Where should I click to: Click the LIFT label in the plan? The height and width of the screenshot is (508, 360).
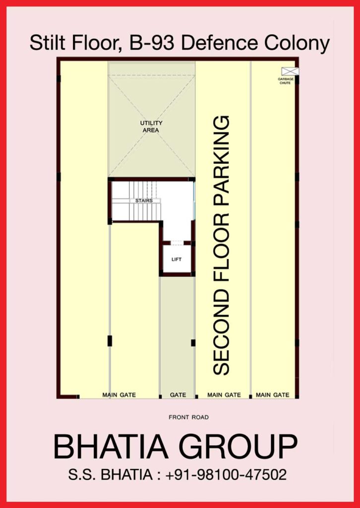pos(177,259)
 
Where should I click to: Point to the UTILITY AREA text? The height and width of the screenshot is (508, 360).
pos(151,127)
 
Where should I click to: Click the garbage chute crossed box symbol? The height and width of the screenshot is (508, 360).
pos(290,71)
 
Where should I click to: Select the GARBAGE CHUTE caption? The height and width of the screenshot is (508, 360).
pos(286,81)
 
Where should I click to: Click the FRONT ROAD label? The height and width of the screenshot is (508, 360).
pos(189,417)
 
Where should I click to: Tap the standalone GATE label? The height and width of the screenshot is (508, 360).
pos(178,395)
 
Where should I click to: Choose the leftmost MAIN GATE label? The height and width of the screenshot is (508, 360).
pos(119,395)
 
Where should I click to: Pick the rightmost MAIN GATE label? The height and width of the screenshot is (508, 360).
pos(273,395)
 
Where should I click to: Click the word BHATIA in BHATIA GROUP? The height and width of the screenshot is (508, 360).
pos(111,447)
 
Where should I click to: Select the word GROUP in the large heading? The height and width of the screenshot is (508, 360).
pos(238,447)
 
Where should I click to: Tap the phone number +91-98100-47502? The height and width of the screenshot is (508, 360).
pos(226,475)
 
